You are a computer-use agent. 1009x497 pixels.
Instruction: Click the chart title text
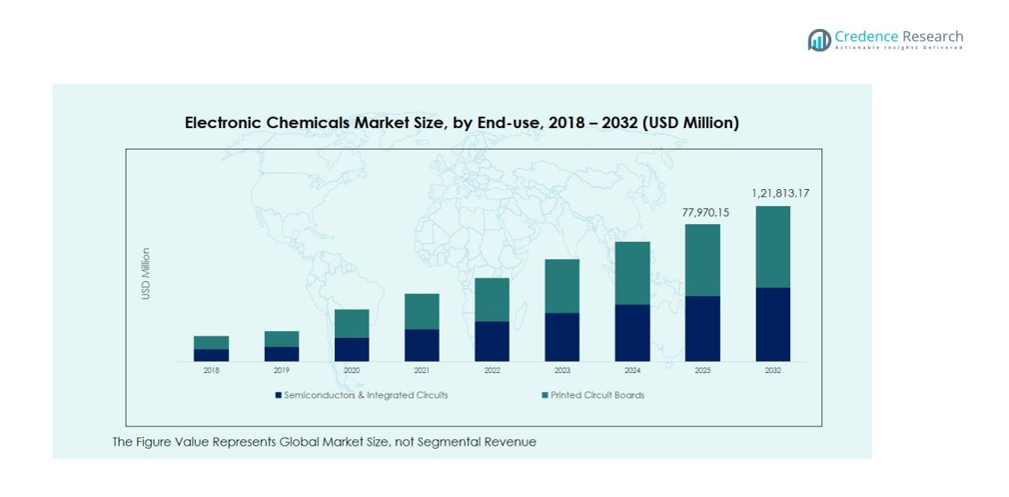[462, 123]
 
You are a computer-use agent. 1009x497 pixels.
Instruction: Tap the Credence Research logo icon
[819, 39]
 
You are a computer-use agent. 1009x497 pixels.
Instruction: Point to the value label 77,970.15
[705, 212]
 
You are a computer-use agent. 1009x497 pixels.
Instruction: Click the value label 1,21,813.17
[773, 193]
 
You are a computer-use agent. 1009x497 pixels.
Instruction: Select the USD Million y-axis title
[146, 274]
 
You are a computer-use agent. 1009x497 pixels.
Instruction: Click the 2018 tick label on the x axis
[211, 371]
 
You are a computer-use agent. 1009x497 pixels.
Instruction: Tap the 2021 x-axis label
[422, 371]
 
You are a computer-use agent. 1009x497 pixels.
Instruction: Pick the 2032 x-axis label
[773, 371]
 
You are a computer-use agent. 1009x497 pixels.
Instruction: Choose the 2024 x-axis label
[632, 371]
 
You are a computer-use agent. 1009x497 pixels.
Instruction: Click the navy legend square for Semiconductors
[279, 395]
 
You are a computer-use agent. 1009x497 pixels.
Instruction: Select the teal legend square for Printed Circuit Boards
[544, 395]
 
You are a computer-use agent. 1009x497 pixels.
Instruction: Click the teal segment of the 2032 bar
[773, 247]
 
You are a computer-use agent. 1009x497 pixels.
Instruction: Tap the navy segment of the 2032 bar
[773, 324]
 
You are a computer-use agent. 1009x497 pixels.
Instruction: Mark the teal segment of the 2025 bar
[702, 260]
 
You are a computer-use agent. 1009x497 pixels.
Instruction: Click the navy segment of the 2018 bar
[211, 355]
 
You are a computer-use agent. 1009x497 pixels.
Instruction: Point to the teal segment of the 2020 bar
[352, 323]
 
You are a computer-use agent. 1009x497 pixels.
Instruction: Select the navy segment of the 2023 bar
[562, 337]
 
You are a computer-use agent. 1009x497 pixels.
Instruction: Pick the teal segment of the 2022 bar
[492, 299]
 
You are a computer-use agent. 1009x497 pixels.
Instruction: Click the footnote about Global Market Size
[324, 442]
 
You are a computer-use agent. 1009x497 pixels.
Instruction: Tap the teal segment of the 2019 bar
[282, 339]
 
